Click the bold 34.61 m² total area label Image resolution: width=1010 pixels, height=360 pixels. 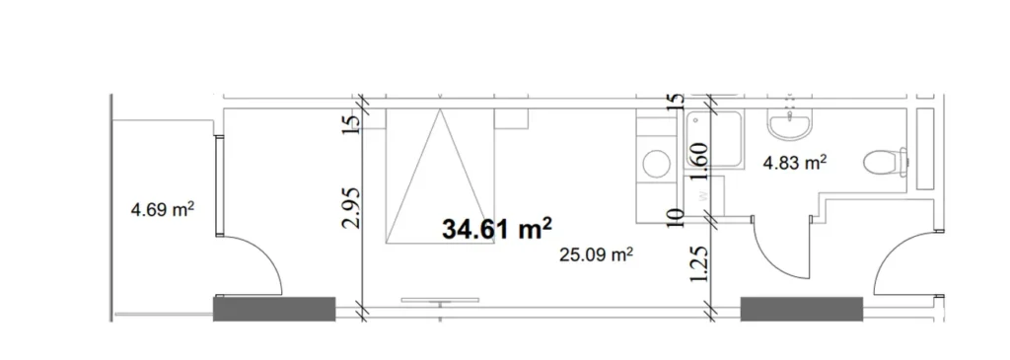pyautogui.click(x=496, y=230)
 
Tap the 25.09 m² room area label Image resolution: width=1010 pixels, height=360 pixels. pyautogui.click(x=596, y=255)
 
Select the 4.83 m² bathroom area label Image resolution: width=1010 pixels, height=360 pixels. pyautogui.click(x=794, y=163)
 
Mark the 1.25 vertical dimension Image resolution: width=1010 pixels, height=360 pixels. pyautogui.click(x=701, y=265)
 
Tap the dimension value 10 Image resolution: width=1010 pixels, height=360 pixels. pyautogui.click(x=677, y=216)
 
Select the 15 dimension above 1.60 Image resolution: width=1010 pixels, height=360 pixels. pyautogui.click(x=677, y=102)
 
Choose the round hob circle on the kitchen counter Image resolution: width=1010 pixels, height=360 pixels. pyautogui.click(x=653, y=162)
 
